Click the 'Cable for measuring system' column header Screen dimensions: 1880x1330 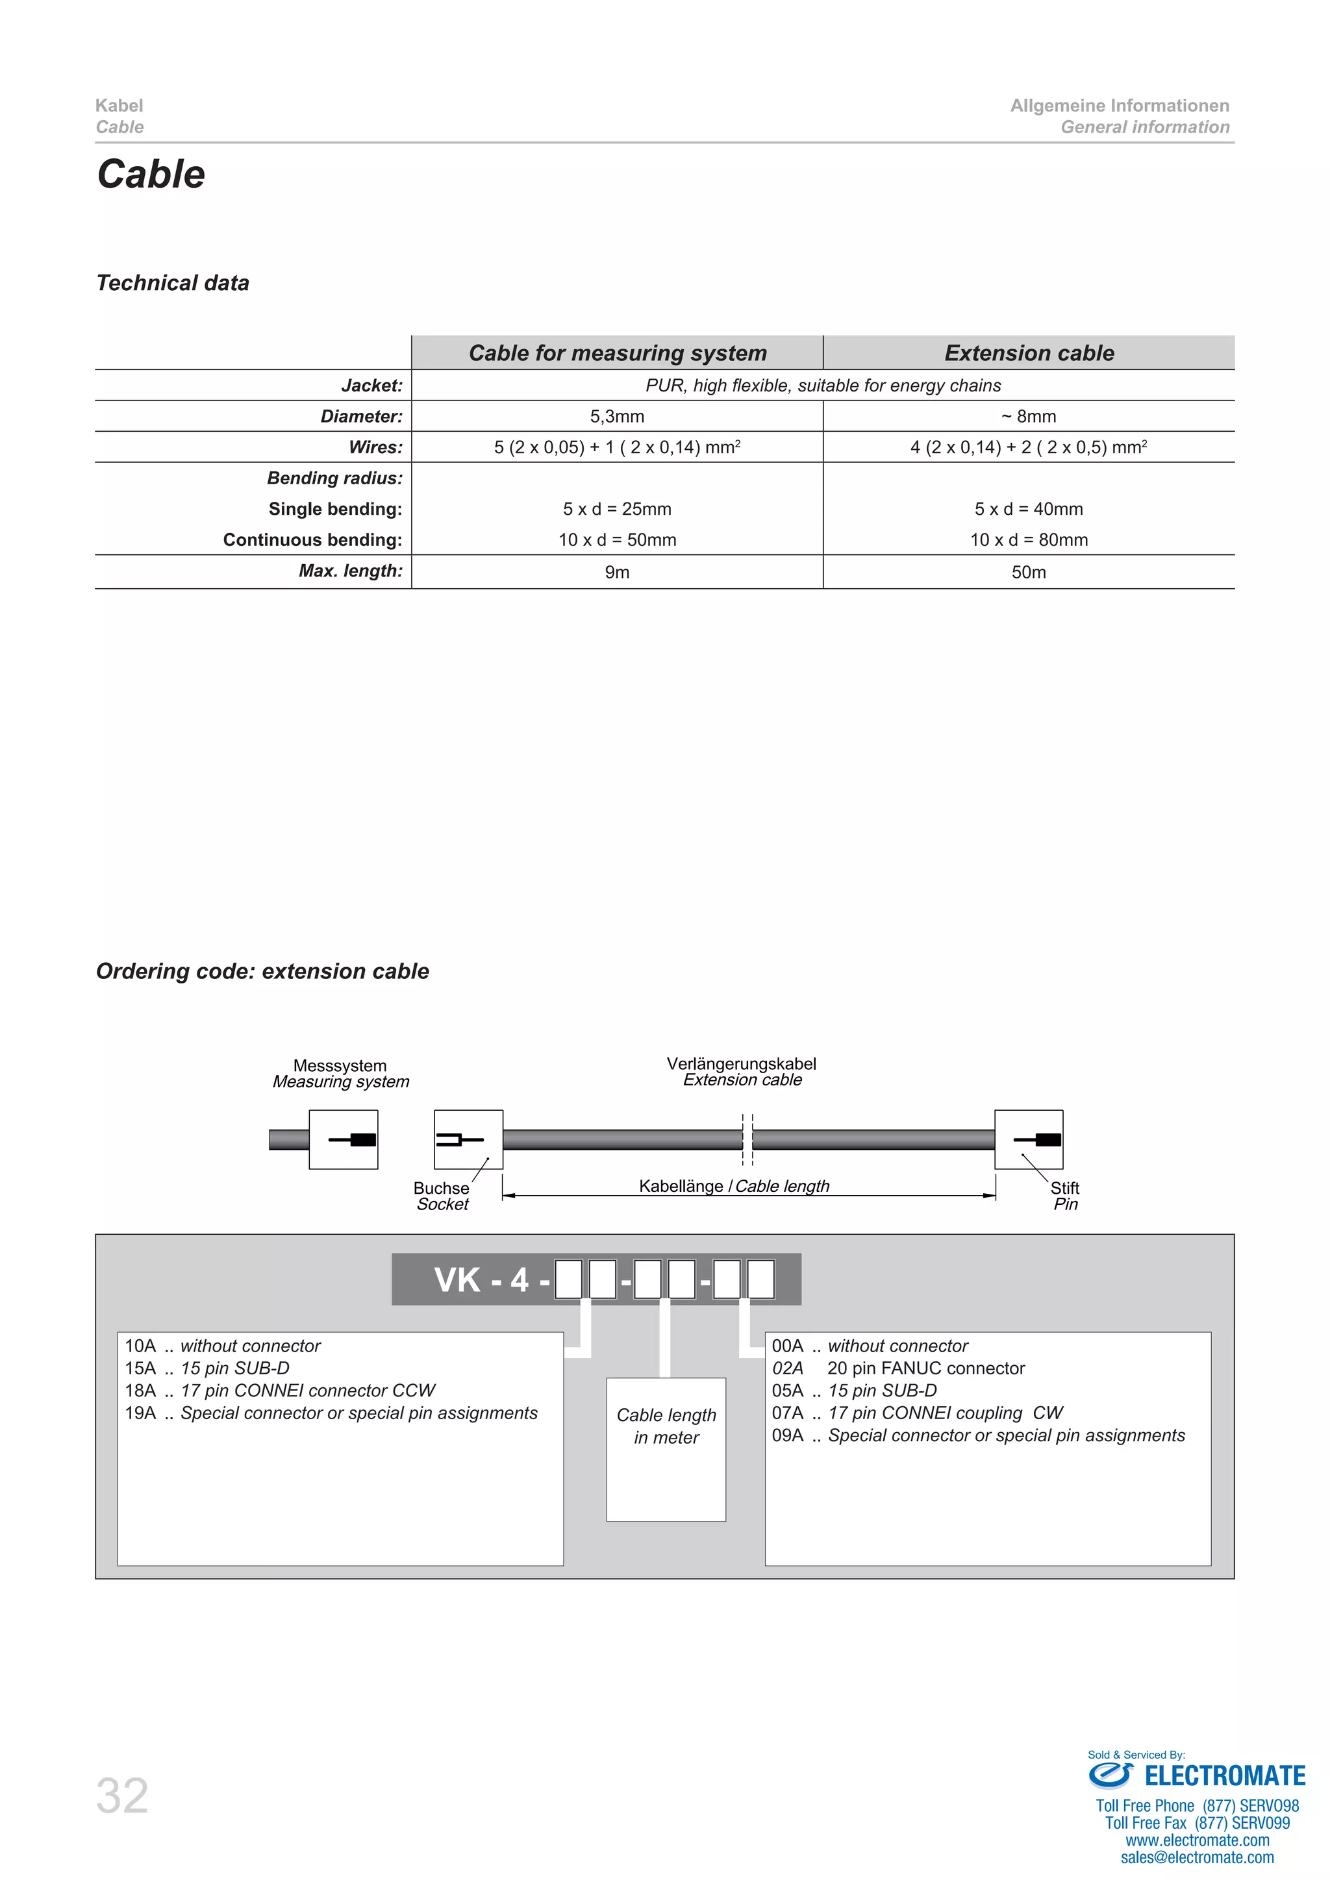click(x=618, y=353)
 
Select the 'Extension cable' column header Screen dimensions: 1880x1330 click(x=1029, y=353)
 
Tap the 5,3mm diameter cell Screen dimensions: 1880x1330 click(x=617, y=416)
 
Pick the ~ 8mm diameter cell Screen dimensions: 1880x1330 click(x=1029, y=416)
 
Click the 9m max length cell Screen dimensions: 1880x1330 click(x=617, y=571)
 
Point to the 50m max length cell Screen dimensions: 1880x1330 click(x=1029, y=571)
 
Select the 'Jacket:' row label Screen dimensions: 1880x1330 click(x=372, y=385)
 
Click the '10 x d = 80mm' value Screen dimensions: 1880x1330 click(x=1029, y=539)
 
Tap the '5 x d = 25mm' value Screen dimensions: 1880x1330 click(x=617, y=508)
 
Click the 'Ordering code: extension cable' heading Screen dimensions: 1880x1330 click(x=262, y=971)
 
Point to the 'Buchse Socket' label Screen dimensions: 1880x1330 click(x=442, y=1196)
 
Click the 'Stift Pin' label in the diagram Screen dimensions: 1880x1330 click(x=1064, y=1196)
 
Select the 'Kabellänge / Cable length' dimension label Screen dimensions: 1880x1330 click(x=734, y=1185)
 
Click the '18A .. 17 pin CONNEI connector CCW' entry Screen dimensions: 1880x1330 click(x=280, y=1391)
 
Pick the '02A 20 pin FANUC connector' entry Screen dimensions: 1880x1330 click(x=898, y=1368)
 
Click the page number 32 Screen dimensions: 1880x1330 click(x=122, y=1796)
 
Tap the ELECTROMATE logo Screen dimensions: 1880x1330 click(x=1198, y=1776)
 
